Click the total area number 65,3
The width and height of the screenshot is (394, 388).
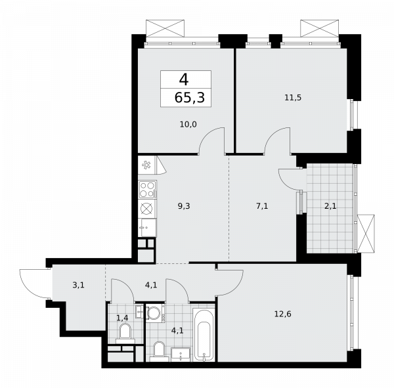pos(186,98)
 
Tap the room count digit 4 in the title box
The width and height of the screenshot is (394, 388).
pos(183,80)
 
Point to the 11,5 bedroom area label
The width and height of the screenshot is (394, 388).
pos(292,98)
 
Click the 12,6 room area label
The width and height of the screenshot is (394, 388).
pos(284,313)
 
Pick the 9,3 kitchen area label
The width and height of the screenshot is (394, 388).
pos(185,205)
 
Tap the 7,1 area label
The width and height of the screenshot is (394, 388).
pos(261,205)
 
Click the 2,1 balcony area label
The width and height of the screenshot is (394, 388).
pos(330,205)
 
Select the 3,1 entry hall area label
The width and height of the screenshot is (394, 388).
pos(78,285)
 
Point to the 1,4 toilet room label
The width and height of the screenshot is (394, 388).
pos(122,318)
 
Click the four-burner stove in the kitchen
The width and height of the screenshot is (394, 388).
pos(147,190)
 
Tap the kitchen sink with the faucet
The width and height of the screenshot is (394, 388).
pos(147,227)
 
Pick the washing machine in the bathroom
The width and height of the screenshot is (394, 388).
pos(156,313)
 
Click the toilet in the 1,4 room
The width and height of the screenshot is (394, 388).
pos(125,332)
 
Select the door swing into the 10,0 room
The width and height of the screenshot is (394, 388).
pos(211,139)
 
